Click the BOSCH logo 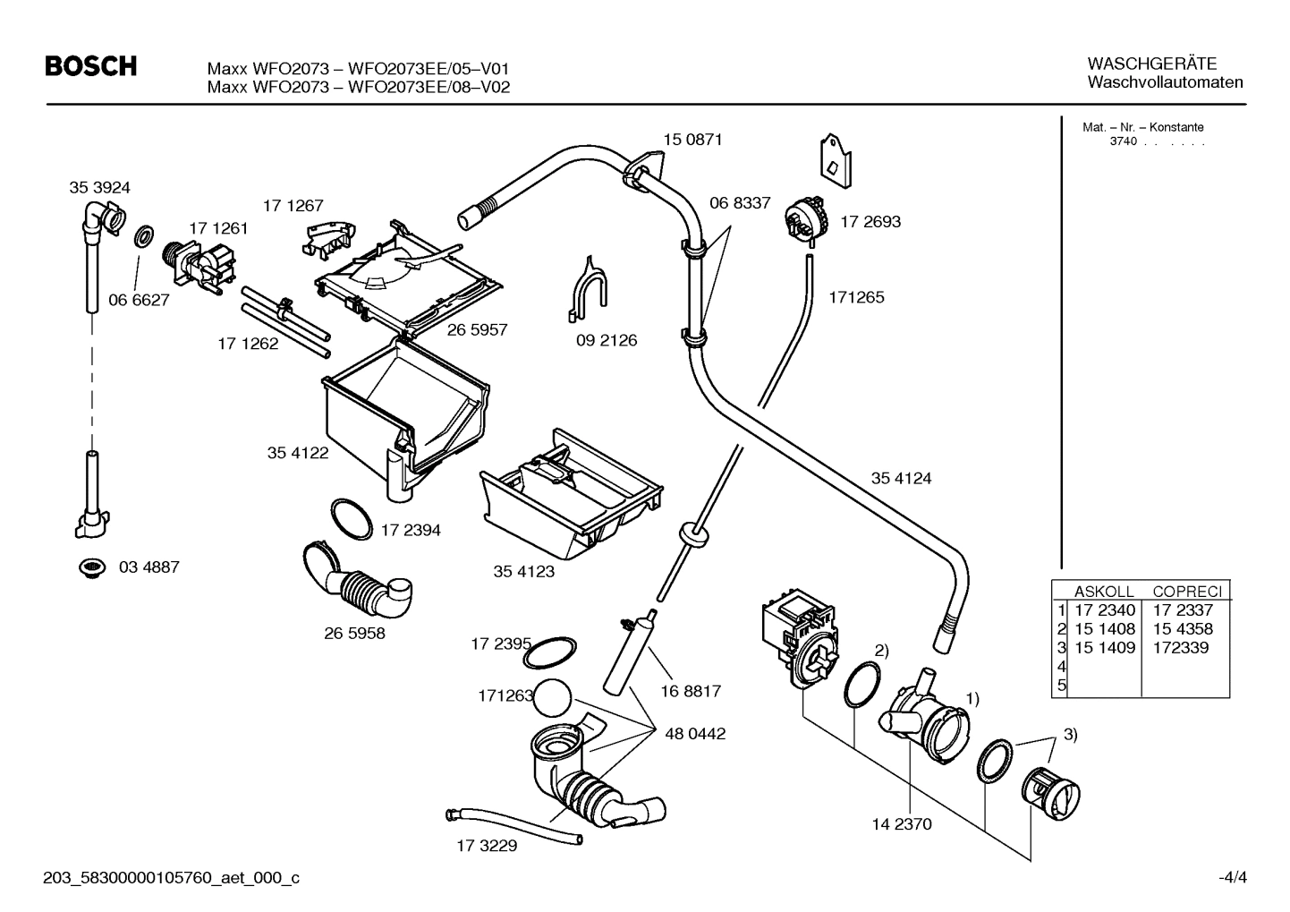[x=91, y=66]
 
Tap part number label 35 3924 [x=99, y=188]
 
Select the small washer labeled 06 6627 [x=142, y=238]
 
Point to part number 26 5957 [x=477, y=330]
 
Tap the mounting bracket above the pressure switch [x=835, y=161]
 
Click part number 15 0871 [x=692, y=140]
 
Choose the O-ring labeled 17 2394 [x=352, y=518]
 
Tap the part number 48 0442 [x=695, y=734]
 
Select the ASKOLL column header [x=1103, y=592]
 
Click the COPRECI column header [x=1186, y=592]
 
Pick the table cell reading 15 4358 [x=1183, y=629]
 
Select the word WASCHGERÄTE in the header [x=1152, y=64]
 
